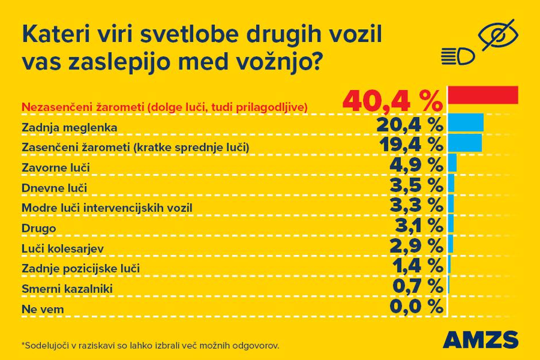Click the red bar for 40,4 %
pos(483,95)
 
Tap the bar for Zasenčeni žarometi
pos(465,143)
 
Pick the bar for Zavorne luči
pos(452,163)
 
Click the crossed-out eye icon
pos(499,36)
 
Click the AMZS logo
pos(480,339)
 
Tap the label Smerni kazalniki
pos(67,289)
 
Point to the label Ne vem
pos(42,309)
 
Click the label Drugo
pos(38,228)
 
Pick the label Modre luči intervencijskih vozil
pos(106,207)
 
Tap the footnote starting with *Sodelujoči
pos(150,346)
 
